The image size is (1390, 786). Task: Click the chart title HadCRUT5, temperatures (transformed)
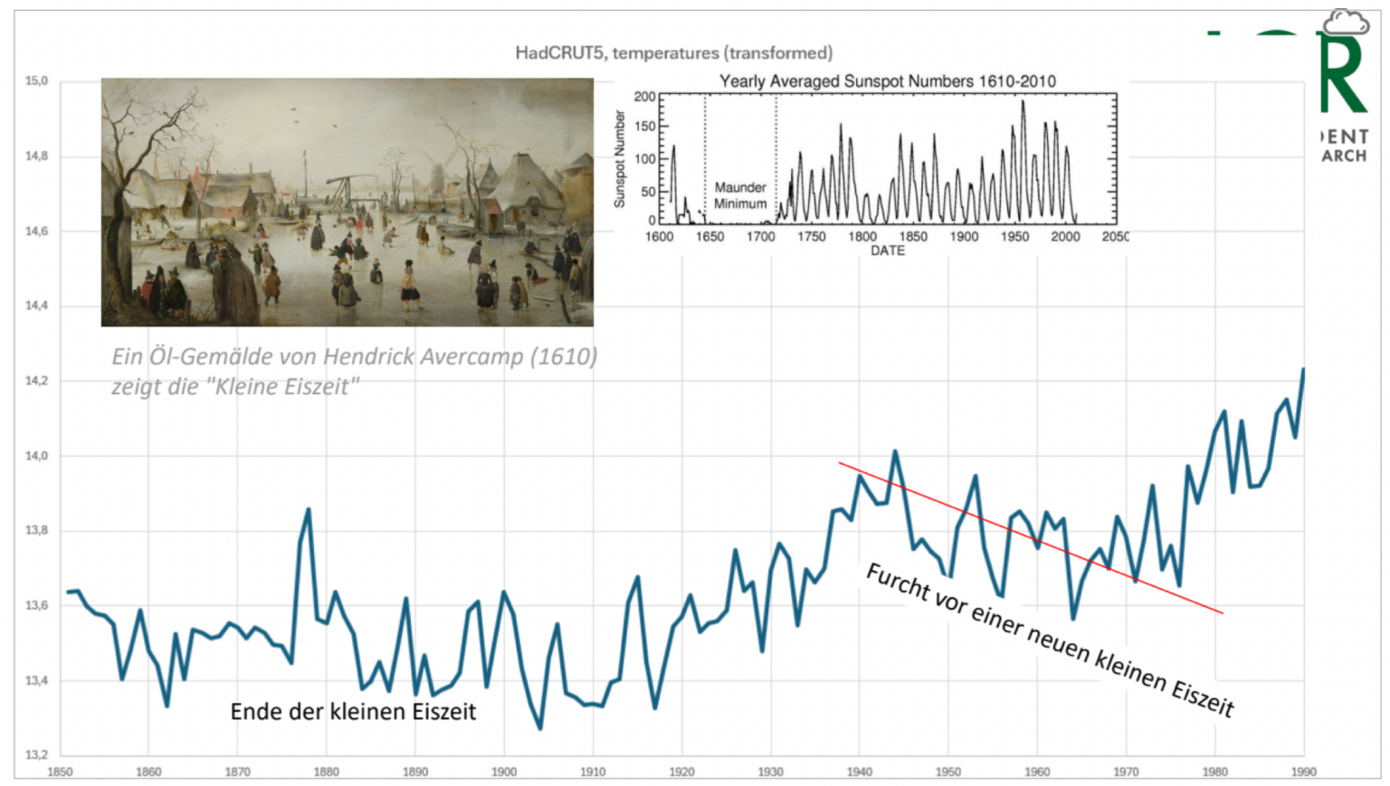pos(673,52)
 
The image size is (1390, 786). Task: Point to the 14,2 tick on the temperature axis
pos(36,381)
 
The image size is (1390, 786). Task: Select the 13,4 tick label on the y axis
pos(36,680)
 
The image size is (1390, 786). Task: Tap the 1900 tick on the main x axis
pos(504,772)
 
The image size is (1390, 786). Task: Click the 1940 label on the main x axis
pos(860,772)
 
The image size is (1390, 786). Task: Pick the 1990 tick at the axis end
pos(1304,772)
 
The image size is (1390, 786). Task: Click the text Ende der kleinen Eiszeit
pos(353,712)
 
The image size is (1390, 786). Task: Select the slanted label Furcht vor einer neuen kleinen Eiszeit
pos(1050,639)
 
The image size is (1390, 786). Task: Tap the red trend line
pos(1032,539)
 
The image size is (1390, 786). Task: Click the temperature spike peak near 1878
pos(309,510)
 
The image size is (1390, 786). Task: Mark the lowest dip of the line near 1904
pos(540,728)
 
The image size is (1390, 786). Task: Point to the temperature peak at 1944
pos(895,451)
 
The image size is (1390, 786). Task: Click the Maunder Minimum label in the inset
pos(740,195)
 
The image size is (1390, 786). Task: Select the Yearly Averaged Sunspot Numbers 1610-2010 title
pos(887,81)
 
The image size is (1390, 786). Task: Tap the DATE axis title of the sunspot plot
pos(888,251)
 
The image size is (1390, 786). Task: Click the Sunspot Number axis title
pos(620,159)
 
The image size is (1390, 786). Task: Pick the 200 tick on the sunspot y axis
pos(644,97)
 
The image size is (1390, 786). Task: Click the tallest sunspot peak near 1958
pos(1023,101)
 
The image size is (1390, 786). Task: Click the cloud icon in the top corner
pos(1346,22)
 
